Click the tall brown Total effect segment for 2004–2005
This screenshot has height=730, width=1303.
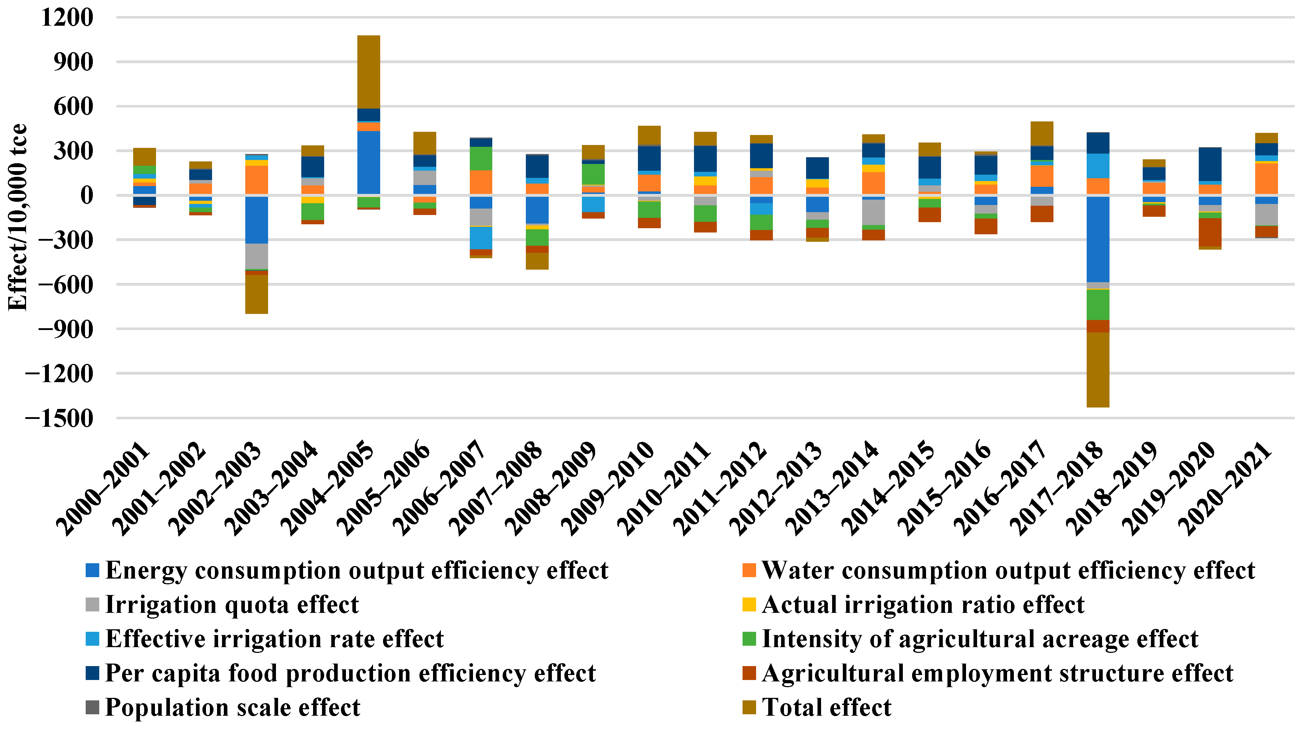[x=368, y=72]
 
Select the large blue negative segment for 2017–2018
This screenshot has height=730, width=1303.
[x=1098, y=239]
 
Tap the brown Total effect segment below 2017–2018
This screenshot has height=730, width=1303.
[x=1098, y=369]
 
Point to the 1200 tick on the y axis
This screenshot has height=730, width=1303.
[x=67, y=18]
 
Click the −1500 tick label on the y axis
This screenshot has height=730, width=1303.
[x=60, y=418]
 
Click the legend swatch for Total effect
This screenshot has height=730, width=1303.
[x=749, y=707]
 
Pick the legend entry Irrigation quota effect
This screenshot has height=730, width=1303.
[x=231, y=605]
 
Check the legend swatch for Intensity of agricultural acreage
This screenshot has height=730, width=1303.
[x=749, y=639]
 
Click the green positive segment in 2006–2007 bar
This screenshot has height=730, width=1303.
[x=481, y=158]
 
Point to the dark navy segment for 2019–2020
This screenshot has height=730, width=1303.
[x=1210, y=164]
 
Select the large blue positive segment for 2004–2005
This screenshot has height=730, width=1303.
[x=368, y=162]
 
